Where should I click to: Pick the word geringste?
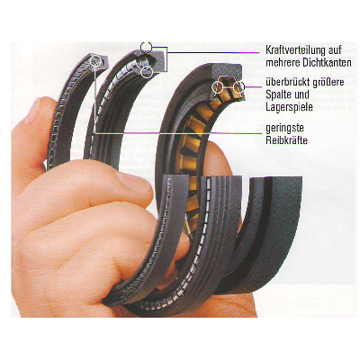[284, 129]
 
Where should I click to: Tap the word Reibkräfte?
[287, 140]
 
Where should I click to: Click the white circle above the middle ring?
[147, 47]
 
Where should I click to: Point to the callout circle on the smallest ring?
[96, 61]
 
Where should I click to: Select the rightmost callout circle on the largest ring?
[238, 86]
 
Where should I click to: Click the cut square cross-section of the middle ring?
[157, 61]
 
